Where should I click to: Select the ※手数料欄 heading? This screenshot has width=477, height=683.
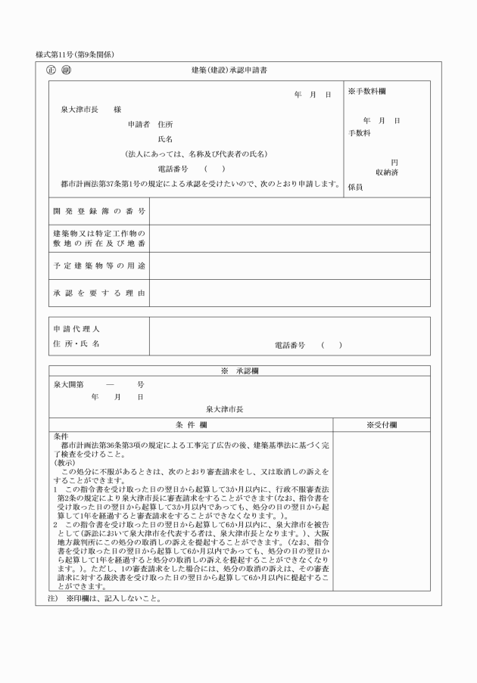tap(368, 92)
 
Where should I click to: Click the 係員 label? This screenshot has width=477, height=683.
tap(355, 185)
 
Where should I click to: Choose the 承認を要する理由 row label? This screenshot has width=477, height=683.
tap(98, 293)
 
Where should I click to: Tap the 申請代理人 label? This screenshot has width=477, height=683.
tap(76, 330)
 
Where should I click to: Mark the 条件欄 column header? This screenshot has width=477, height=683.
tap(191, 424)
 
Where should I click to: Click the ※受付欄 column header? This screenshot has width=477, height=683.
tap(382, 424)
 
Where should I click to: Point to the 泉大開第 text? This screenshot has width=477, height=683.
tap(68, 384)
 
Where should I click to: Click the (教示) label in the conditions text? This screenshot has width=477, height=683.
tap(66, 461)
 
